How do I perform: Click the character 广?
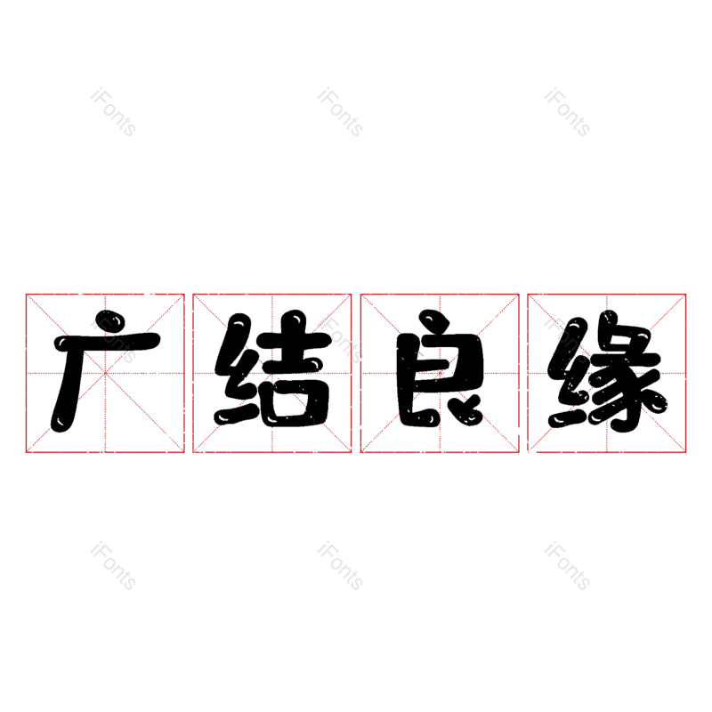click(x=105, y=371)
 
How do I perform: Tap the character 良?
click(x=439, y=368)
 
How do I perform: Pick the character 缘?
click(x=607, y=371)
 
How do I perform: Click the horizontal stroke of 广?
click(x=108, y=342)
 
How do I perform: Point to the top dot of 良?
click(x=433, y=320)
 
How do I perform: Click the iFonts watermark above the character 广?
click(x=114, y=112)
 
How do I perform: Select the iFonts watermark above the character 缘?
click(x=567, y=112)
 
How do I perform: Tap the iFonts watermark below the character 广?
click(x=114, y=565)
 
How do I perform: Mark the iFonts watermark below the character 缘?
click(x=567, y=565)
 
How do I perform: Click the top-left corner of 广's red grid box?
click(x=27, y=295)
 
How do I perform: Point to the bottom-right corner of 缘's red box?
click(x=685, y=452)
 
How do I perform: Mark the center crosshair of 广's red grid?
click(x=105, y=373)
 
